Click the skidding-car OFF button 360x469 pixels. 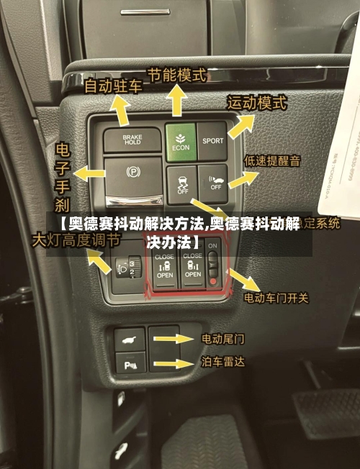181,183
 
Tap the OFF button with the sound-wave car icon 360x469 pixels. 214,182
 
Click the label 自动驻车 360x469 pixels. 113,86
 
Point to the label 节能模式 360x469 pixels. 176,74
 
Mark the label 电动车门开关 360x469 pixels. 276,297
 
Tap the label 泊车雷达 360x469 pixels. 222,363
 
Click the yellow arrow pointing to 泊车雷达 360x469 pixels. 174,364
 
